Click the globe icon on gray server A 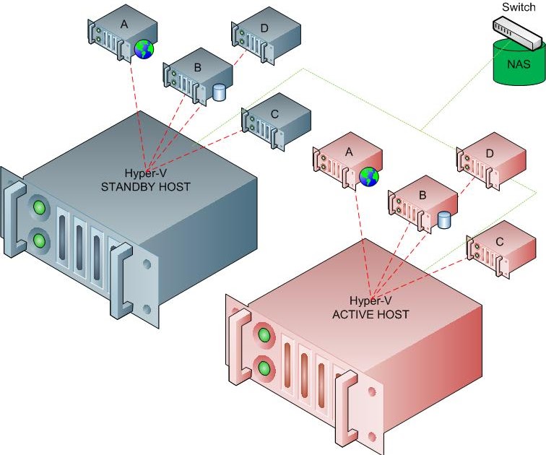(x=144, y=49)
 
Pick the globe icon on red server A (x=369, y=176)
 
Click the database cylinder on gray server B (x=220, y=92)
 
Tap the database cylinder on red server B (x=444, y=220)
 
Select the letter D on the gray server (x=264, y=28)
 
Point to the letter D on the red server (x=490, y=153)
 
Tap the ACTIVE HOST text (x=370, y=314)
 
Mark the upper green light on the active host (x=264, y=336)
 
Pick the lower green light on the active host (x=264, y=368)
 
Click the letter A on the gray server (x=123, y=25)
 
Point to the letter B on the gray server (x=198, y=68)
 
